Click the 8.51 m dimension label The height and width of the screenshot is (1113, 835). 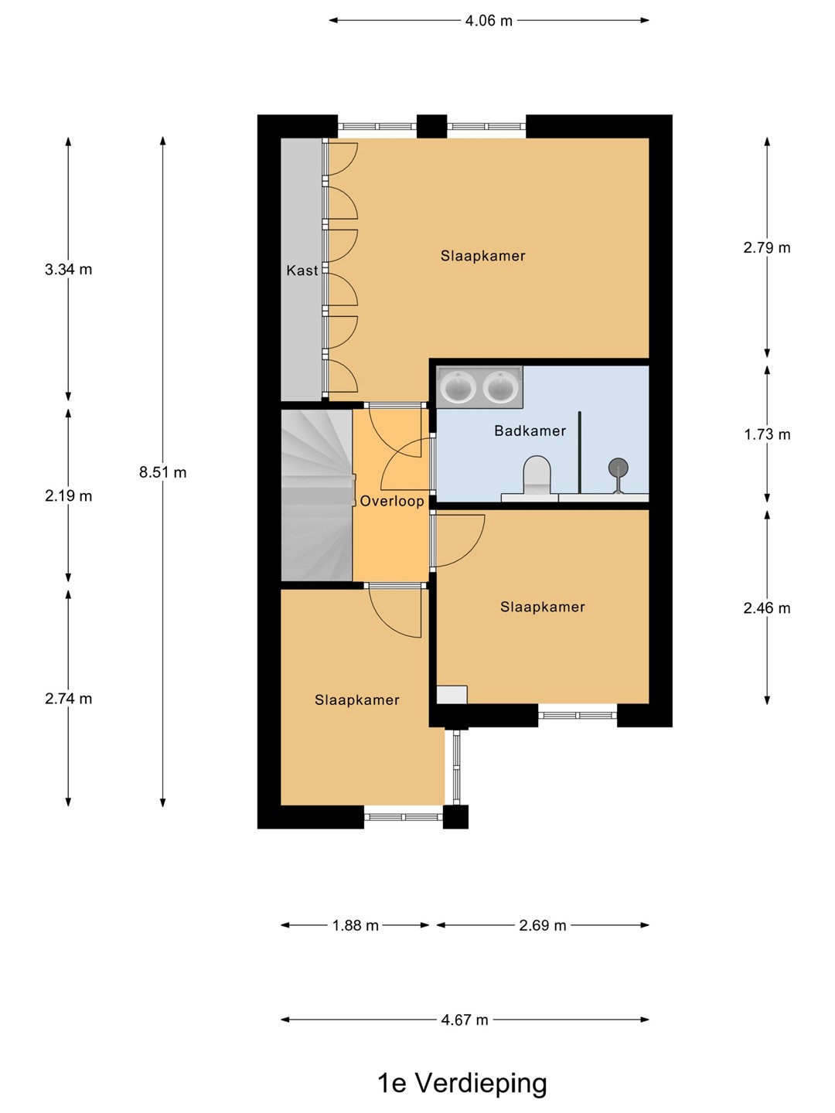point(162,472)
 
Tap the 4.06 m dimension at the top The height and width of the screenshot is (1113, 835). point(489,21)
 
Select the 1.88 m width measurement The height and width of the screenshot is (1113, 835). point(356,925)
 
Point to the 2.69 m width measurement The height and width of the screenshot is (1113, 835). point(543,925)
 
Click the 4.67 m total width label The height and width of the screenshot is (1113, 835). point(465,1019)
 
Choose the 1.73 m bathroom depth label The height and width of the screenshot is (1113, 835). point(767,434)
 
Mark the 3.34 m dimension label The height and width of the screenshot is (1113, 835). point(69,269)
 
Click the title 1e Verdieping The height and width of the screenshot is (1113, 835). point(462,1083)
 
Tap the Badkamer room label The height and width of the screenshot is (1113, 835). point(530,431)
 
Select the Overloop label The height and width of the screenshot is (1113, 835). point(392,502)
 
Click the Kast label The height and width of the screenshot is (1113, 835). point(302,271)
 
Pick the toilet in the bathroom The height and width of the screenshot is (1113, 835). point(537,475)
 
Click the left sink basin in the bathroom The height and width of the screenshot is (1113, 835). point(458,388)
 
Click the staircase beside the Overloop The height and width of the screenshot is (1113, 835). point(317,495)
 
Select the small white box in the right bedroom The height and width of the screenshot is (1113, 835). point(452,694)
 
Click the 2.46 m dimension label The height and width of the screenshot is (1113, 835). point(767,608)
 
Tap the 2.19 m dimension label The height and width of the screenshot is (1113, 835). point(69,495)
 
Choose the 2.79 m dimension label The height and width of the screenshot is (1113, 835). point(767,247)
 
